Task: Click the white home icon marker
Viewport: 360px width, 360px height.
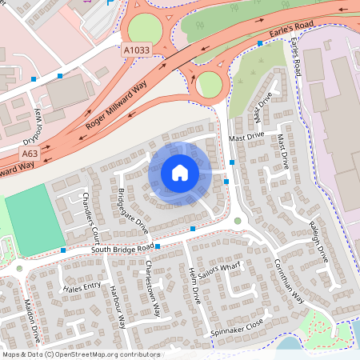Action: pyautogui.click(x=179, y=173)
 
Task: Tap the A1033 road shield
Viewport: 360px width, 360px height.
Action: pyautogui.click(x=136, y=50)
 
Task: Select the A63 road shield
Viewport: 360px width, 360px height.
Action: pyautogui.click(x=30, y=154)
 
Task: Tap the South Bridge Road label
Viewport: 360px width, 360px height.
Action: pyautogui.click(x=122, y=249)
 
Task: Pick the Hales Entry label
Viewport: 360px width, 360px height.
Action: pyautogui.click(x=82, y=286)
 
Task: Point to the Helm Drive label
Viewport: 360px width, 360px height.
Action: pyautogui.click(x=194, y=284)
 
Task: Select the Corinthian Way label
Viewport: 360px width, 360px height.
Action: pyautogui.click(x=288, y=282)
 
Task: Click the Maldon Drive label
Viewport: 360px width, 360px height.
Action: pyautogui.click(x=33, y=318)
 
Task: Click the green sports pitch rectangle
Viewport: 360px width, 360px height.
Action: pyautogui.click(x=34, y=219)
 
